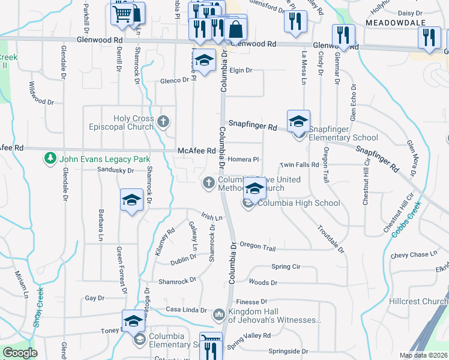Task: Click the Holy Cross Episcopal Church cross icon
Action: (x=163, y=122)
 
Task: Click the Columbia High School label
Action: (x=298, y=203)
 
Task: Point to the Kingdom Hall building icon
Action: (x=218, y=314)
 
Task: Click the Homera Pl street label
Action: (x=243, y=160)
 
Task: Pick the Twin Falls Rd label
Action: (x=299, y=165)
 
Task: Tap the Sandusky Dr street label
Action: (x=116, y=170)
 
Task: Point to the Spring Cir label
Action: (x=285, y=266)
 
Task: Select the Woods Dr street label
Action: (x=263, y=282)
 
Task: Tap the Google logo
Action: (x=20, y=353)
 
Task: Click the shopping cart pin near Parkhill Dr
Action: (x=122, y=13)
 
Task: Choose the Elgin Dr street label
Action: (x=241, y=70)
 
